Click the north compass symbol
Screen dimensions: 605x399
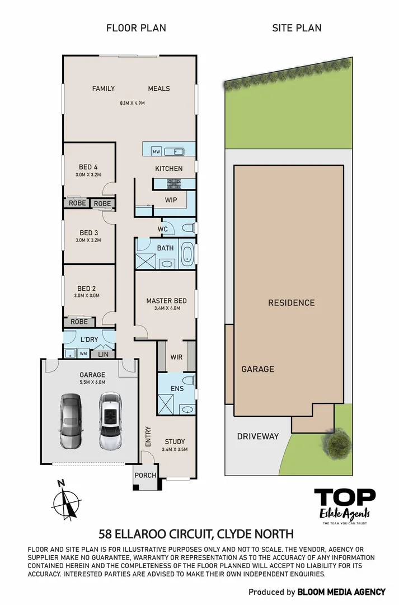(x=67, y=499)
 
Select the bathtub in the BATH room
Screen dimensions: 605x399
(x=188, y=254)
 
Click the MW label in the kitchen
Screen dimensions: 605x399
(x=156, y=151)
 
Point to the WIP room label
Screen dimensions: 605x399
(x=171, y=199)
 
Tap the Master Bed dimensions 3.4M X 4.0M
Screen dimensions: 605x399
(x=166, y=308)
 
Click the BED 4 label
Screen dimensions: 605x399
(x=88, y=167)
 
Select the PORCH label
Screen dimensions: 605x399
(x=144, y=476)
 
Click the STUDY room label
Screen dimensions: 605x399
(x=175, y=441)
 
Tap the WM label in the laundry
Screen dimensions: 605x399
(x=83, y=353)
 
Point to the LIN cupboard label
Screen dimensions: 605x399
(x=103, y=354)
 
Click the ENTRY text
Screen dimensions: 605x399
(x=148, y=437)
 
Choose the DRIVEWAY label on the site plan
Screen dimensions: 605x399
(x=257, y=436)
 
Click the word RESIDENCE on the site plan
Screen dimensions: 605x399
(x=291, y=302)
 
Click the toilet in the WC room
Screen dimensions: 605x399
(x=188, y=227)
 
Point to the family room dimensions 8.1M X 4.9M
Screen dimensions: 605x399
(x=132, y=103)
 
